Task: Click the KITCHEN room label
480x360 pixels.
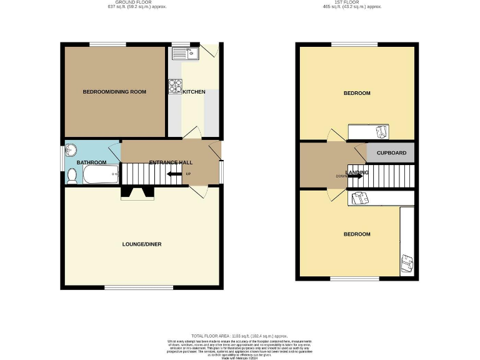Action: point(194,92)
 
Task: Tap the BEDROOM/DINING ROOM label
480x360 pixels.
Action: point(114,92)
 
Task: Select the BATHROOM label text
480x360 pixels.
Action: point(91,162)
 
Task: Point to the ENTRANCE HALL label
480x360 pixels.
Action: point(171,162)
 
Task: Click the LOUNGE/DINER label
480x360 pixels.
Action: point(142,244)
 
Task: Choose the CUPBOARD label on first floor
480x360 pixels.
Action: point(391,152)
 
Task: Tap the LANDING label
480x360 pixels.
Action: point(357,172)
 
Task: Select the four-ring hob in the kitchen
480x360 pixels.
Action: point(175,87)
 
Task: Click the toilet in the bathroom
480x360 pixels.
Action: point(72,176)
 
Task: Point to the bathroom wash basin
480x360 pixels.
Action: point(72,150)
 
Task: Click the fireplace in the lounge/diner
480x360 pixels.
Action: point(137,192)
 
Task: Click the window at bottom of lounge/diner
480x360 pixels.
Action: point(139,287)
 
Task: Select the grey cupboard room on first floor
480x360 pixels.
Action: point(391,152)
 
